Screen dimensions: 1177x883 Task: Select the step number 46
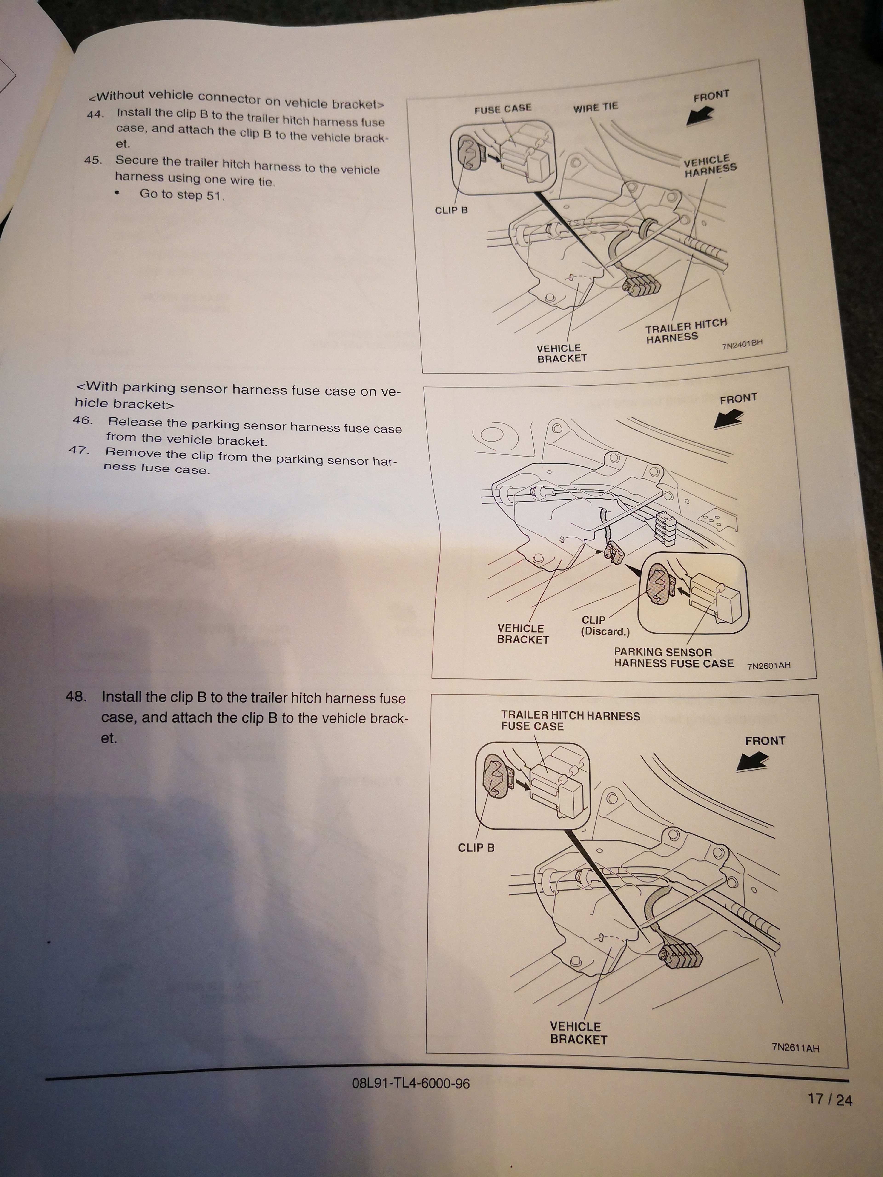[x=83, y=420]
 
